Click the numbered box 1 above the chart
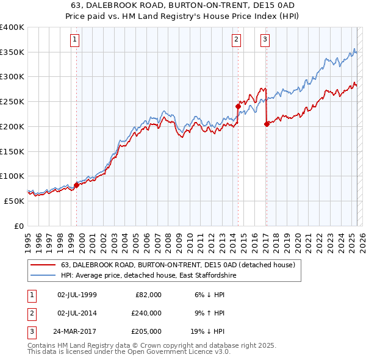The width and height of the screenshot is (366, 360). (75, 40)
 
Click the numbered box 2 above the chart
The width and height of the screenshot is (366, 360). (236, 40)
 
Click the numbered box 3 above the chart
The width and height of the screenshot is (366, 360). (265, 40)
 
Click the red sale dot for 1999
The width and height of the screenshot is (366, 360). (76, 185)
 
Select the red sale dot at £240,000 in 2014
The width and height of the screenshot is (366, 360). (238, 106)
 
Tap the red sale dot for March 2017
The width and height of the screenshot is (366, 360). (267, 124)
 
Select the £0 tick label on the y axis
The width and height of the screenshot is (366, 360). (18, 226)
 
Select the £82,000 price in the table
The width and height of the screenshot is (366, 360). (148, 295)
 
